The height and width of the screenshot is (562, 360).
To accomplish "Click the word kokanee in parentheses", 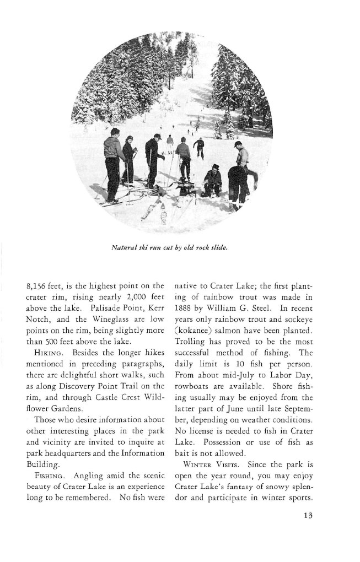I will (x=196, y=334).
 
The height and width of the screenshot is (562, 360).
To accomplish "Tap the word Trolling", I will (x=190, y=347).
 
